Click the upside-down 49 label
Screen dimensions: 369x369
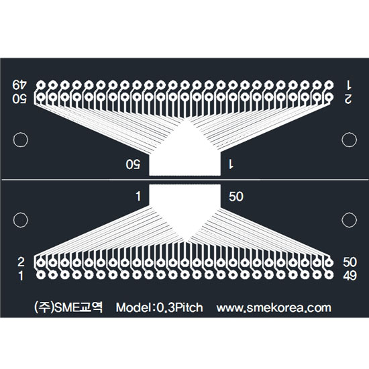click(20, 85)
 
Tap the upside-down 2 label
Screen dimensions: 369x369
click(348, 99)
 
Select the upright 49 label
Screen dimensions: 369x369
click(350, 276)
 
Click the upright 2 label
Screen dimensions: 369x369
click(21, 262)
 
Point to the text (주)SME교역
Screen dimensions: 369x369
click(68, 307)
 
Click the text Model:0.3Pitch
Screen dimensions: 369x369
click(159, 307)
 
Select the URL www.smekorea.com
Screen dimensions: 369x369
click(274, 308)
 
